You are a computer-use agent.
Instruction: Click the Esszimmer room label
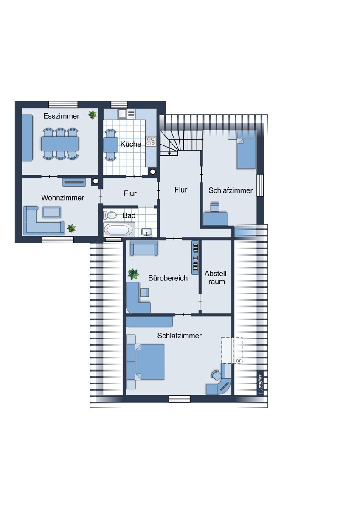coord(62,116)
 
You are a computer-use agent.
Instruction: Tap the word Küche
coord(131,144)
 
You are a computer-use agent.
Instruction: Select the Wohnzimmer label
coord(63,198)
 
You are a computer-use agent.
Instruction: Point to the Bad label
coord(129,215)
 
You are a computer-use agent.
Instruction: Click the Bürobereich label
coord(168,278)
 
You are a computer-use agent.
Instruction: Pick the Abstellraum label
coord(217,277)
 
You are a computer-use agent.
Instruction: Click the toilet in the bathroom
coord(110,215)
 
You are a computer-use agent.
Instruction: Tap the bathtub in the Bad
coord(119,229)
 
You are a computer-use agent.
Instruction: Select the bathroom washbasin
coord(147,232)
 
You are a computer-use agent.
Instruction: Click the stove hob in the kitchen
coord(151,141)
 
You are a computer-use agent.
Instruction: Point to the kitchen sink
coord(127,114)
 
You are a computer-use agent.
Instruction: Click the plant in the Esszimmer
coord(92,115)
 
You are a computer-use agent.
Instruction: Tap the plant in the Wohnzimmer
coord(71,228)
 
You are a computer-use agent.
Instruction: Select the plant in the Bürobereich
coord(133,274)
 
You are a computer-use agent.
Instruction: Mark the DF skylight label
coord(239,361)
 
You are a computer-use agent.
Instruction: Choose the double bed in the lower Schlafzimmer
coord(146,362)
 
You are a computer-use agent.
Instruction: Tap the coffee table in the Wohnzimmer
coord(52,212)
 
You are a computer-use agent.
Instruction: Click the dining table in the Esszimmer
coord(60,144)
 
